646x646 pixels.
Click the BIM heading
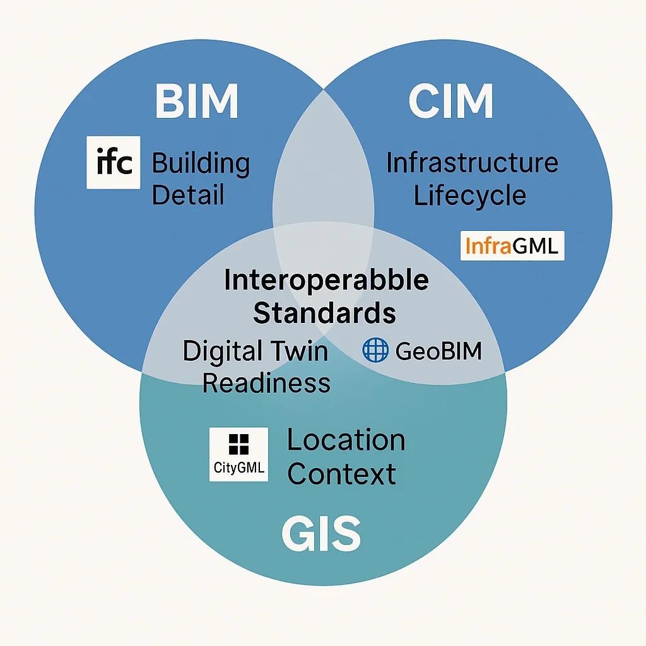click(x=197, y=101)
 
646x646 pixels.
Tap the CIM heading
click(x=450, y=101)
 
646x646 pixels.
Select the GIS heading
click(x=321, y=534)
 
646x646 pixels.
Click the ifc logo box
click(x=114, y=162)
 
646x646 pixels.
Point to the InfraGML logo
click(x=512, y=245)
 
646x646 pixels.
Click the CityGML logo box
click(x=238, y=454)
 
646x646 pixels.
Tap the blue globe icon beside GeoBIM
click(x=375, y=350)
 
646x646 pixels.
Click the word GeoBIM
click(x=438, y=351)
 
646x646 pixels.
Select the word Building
click(x=201, y=164)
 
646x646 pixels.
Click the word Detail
click(x=188, y=195)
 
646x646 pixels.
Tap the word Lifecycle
click(x=469, y=196)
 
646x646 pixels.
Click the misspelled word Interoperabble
click(x=326, y=280)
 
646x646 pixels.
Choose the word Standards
click(x=325, y=313)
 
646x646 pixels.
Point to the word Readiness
click(x=267, y=383)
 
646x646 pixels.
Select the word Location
click(x=346, y=440)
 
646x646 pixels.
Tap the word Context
click(x=341, y=474)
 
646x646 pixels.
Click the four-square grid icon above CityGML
click(x=238, y=444)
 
